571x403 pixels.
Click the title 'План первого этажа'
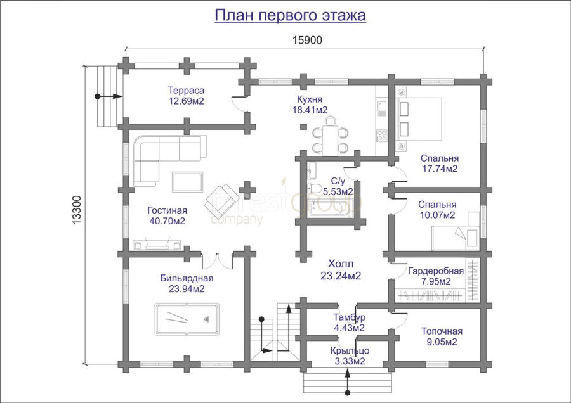pos(290,16)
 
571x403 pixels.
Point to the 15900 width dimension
pos(307,40)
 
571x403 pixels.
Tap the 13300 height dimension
pos(77,210)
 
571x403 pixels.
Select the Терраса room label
pos(186,90)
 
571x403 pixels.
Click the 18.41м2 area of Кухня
pos(310,110)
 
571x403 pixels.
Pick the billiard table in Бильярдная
pos(187,319)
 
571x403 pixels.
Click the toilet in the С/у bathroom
pos(315,188)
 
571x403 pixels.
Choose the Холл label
pos(341,264)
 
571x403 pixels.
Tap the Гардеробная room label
pos(436,271)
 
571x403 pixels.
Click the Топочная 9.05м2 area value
pos(442,342)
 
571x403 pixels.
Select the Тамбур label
pos(349,317)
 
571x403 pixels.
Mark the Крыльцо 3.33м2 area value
pos(350,361)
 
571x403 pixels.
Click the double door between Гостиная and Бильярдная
pos(217,261)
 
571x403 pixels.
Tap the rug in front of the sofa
pos(188,182)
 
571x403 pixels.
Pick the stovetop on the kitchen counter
pos(382,136)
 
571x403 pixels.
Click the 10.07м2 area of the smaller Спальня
pos(437,215)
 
